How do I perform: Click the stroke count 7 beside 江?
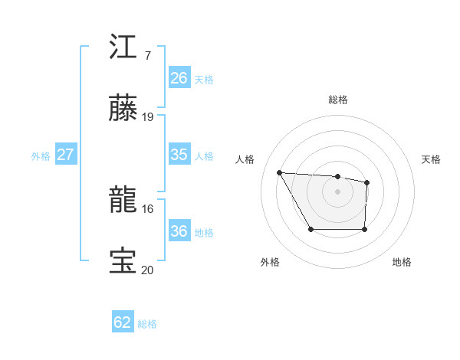pos(147,55)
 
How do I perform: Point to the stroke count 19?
pos(148,117)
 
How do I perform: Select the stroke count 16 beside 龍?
pos(148,208)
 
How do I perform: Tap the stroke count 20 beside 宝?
pos(148,270)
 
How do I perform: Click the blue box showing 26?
pos(179,78)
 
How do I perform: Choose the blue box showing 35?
pos(179,154)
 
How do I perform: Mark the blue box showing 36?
pos(179,231)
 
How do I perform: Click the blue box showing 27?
pos(65,155)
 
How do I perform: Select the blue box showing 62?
pos(123,322)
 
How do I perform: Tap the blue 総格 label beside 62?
pos(147,324)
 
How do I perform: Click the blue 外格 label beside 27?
pos(41,156)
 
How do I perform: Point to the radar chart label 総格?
pos(338,100)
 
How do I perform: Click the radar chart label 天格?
pos(432,159)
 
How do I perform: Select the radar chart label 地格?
pos(402,262)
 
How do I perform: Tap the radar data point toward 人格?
pos(280,172)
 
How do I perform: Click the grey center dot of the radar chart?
pos(338,191)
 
